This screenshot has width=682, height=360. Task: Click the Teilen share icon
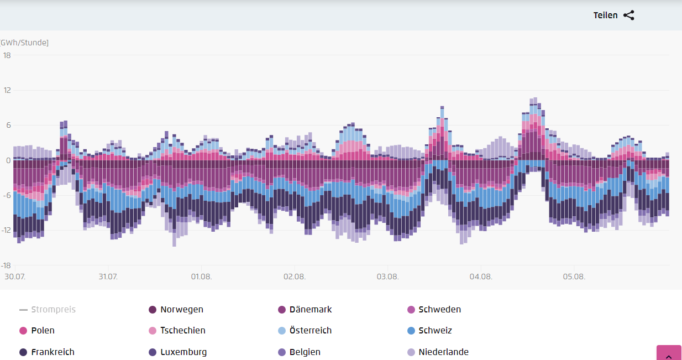pos(629,15)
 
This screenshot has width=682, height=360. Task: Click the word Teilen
pos(605,15)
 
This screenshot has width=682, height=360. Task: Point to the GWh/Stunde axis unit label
pos(24,43)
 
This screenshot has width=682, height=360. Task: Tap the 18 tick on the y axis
pos(7,55)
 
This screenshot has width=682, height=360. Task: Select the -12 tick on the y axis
pos(6,230)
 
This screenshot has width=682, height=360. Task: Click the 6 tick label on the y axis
pos(8,125)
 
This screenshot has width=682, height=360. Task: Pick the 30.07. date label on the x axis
pos(15,276)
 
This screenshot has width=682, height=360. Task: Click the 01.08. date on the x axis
pos(201,276)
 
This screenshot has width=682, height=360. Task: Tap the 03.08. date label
pos(387,276)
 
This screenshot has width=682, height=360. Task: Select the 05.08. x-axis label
pos(574,276)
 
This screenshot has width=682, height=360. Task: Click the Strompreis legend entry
pos(48,310)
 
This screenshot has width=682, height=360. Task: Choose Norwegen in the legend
pos(176,310)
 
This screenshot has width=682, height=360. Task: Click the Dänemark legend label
pos(311,310)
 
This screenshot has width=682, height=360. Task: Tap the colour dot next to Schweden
pos(411,310)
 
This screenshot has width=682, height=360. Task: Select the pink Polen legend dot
pos(23,331)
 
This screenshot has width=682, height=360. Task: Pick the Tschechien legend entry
pos(177,331)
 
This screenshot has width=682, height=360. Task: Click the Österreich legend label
pos(311,331)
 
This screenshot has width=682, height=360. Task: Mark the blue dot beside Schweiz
pos(411,331)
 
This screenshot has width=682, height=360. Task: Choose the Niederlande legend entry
pos(438,352)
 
